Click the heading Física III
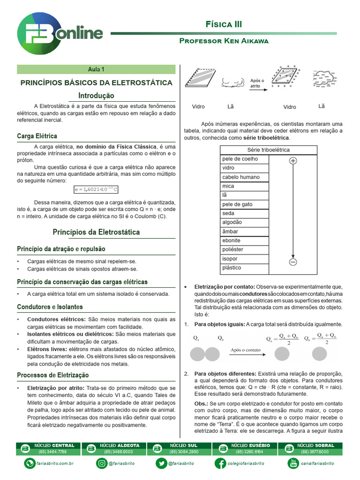click(224, 24)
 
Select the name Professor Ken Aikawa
click(224, 41)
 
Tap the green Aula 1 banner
click(96, 69)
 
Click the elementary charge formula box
click(96, 189)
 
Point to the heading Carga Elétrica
click(37, 136)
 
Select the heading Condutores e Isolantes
click(50, 307)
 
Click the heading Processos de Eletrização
click(52, 375)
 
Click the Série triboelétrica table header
click(268, 150)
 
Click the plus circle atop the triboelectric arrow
click(293, 161)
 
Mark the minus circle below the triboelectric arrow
click(293, 262)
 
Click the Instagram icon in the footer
click(102, 463)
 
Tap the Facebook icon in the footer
click(219, 463)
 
